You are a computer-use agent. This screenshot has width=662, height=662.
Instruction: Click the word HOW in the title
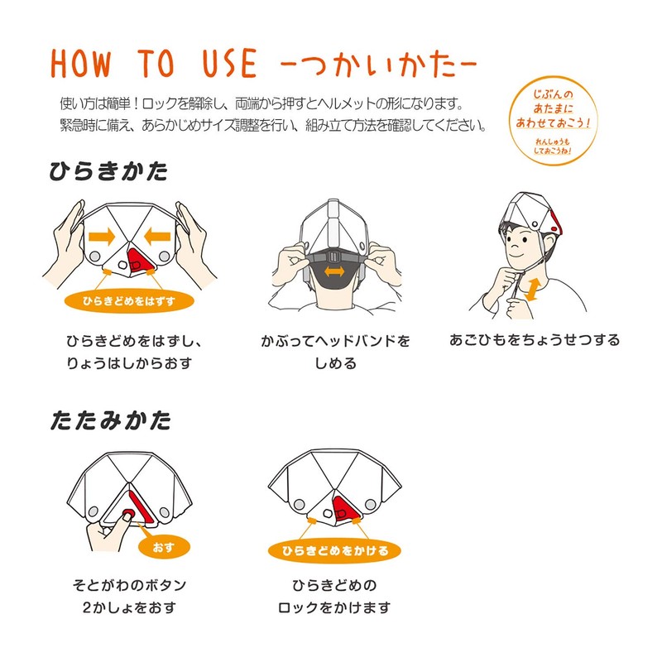80,64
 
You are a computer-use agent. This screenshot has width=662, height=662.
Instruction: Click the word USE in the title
230,64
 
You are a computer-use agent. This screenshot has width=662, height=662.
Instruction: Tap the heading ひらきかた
108,171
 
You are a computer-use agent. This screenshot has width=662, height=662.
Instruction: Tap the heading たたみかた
111,420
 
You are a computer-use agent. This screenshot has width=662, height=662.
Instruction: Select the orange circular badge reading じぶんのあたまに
553,121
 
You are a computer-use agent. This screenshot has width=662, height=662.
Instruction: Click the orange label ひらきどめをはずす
129,301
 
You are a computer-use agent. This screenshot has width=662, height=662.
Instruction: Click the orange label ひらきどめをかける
335,550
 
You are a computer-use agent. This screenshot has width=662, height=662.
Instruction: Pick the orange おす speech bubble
164,547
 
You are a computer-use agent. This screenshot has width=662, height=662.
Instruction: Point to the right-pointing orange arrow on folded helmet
102,237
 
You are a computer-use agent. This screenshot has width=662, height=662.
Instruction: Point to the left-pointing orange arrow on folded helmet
157,237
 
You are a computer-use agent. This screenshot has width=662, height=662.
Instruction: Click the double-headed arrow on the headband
334,271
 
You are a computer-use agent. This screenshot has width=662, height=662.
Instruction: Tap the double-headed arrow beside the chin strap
531,290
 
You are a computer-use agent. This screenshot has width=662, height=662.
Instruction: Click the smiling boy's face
522,246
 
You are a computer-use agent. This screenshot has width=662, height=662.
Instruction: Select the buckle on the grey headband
334,257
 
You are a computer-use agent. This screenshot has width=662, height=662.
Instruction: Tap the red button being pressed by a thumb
128,514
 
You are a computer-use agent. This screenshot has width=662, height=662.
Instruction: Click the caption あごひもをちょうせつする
535,340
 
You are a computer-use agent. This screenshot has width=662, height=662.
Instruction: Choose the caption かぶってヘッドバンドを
335,341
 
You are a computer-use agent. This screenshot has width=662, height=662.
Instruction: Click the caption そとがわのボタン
129,585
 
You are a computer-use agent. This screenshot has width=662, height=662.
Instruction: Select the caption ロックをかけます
334,607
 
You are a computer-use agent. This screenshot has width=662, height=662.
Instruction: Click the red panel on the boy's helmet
556,223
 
